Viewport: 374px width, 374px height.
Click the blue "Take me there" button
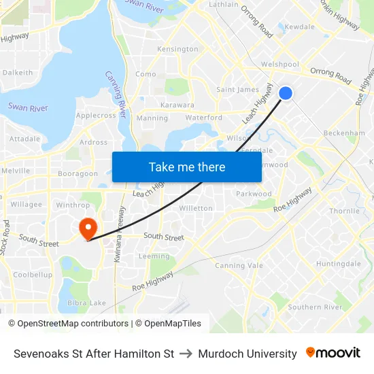(x=187, y=167)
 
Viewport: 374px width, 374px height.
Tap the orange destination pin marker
(x=88, y=228)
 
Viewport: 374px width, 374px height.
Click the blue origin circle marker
(x=286, y=92)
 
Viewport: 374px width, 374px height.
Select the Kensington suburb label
(x=177, y=49)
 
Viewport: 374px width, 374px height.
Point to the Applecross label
(x=95, y=116)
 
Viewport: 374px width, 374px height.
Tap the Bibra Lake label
(x=88, y=303)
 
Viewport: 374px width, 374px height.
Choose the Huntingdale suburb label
(x=339, y=264)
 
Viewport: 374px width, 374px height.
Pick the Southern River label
(x=315, y=307)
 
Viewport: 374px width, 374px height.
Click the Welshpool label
(x=280, y=65)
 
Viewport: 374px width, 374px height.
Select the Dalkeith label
(x=18, y=73)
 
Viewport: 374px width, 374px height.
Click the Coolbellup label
(x=33, y=275)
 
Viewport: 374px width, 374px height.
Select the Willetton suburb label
(x=196, y=208)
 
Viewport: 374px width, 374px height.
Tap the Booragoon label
(x=78, y=174)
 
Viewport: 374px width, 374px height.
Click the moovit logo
(x=333, y=353)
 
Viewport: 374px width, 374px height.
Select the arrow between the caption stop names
(x=186, y=354)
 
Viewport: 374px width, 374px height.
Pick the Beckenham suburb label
(x=344, y=133)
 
